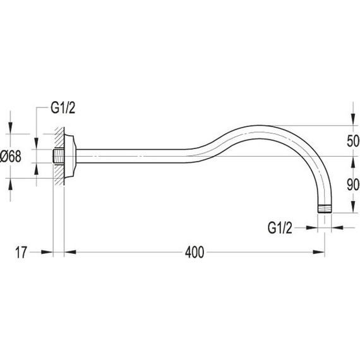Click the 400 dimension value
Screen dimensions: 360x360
click(x=195, y=253)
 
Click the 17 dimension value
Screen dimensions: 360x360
click(x=21, y=253)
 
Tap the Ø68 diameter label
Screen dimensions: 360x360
click(x=11, y=157)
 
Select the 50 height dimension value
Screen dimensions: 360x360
click(x=353, y=141)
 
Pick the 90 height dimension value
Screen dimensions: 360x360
click(x=353, y=185)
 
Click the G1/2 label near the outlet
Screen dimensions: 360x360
click(x=280, y=228)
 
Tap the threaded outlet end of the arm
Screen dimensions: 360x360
click(x=325, y=209)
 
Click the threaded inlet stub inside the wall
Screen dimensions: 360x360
click(x=58, y=157)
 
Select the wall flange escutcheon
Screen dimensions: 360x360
click(x=70, y=156)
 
